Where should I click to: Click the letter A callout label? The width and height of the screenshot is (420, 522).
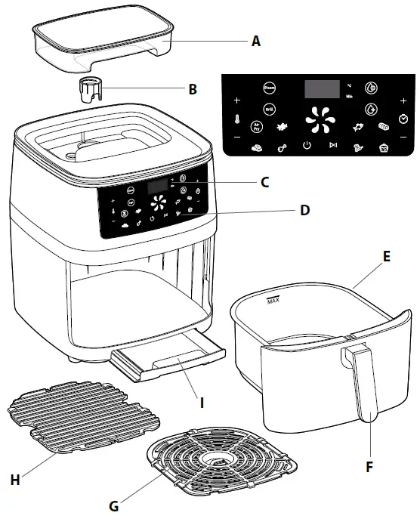[256, 42]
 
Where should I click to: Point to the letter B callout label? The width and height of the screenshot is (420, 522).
[193, 89]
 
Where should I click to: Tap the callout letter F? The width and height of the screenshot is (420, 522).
[369, 467]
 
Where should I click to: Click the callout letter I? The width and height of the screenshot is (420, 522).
[202, 402]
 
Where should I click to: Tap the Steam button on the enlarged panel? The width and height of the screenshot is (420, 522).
[270, 88]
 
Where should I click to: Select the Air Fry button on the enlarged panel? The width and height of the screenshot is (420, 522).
[257, 127]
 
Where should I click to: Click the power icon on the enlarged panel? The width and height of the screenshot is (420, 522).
[307, 147]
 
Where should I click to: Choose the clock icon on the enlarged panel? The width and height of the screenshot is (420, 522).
[404, 119]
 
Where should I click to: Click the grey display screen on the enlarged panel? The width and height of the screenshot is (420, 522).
[321, 89]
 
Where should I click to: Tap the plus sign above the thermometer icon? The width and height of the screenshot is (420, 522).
[236, 100]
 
